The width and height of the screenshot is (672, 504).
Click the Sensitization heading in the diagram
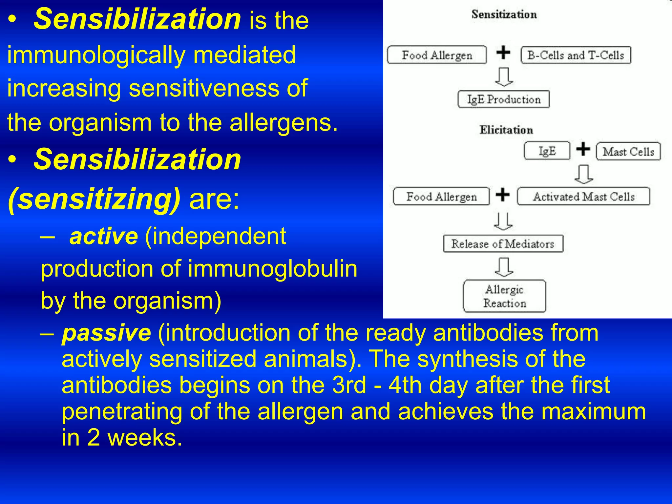504,14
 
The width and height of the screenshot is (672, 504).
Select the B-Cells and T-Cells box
576,55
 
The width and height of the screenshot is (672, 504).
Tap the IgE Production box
504,99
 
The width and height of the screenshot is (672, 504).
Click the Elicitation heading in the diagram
506,130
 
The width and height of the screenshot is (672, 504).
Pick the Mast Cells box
628,152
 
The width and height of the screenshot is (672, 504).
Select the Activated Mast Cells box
583,197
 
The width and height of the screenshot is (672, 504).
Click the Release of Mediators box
503,244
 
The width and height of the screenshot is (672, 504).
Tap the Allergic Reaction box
504,296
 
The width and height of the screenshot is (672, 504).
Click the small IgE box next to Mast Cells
547,151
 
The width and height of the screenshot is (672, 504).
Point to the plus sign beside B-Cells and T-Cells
503,52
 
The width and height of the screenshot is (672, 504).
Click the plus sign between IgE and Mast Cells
583,149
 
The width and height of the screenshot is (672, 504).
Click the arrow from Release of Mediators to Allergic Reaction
504,267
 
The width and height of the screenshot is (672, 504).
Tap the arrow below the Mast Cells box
584,174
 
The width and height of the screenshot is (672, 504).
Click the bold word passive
107,333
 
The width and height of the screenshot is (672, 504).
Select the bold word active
104,236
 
